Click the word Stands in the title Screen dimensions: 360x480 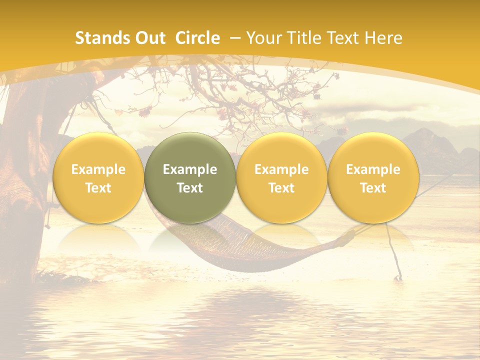coord(98,38)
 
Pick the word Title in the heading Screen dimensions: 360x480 coord(304,38)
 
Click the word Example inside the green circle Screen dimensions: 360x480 coord(190,169)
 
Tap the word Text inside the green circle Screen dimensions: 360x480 coord(190,188)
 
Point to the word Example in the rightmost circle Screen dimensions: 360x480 coord(373,169)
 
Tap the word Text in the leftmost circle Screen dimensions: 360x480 coord(98,188)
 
